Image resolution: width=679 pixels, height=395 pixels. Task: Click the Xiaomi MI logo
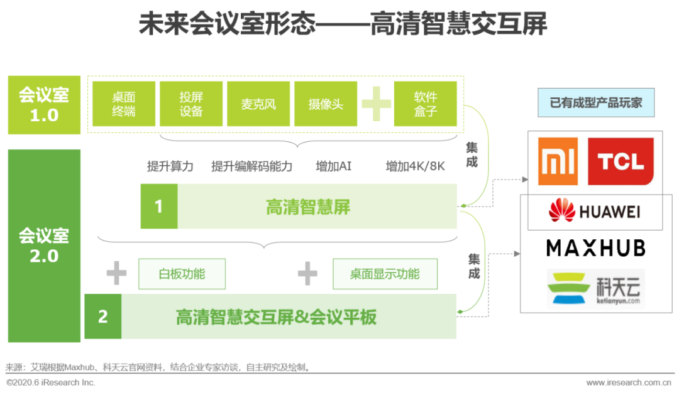[558, 161]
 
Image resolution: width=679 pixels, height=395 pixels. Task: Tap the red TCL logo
[621, 161]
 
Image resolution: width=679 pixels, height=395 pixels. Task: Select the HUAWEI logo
[595, 211]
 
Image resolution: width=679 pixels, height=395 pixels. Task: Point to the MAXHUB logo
[596, 248]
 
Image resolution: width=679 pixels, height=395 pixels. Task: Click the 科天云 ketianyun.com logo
[596, 289]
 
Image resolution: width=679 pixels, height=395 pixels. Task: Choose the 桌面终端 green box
[124, 104]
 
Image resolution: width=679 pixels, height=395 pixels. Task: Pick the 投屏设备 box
[191, 104]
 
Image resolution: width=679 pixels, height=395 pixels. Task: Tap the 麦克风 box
[258, 104]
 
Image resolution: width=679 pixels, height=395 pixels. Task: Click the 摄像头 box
[326, 104]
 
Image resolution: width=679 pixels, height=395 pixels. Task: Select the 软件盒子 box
[425, 104]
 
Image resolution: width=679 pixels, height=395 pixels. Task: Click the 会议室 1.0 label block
[44, 105]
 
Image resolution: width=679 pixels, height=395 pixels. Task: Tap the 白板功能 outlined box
[182, 274]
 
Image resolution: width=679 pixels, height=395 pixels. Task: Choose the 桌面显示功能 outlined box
[385, 274]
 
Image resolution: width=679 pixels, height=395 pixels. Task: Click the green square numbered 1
[159, 207]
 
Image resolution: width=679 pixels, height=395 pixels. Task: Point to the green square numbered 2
[103, 317]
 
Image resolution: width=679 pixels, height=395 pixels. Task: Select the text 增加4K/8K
[416, 166]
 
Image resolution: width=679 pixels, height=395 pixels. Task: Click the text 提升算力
[170, 166]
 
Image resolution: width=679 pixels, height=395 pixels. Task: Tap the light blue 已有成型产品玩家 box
[596, 102]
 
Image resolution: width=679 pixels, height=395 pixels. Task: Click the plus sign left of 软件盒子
[376, 104]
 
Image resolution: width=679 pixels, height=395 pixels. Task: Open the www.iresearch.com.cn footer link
[629, 382]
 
